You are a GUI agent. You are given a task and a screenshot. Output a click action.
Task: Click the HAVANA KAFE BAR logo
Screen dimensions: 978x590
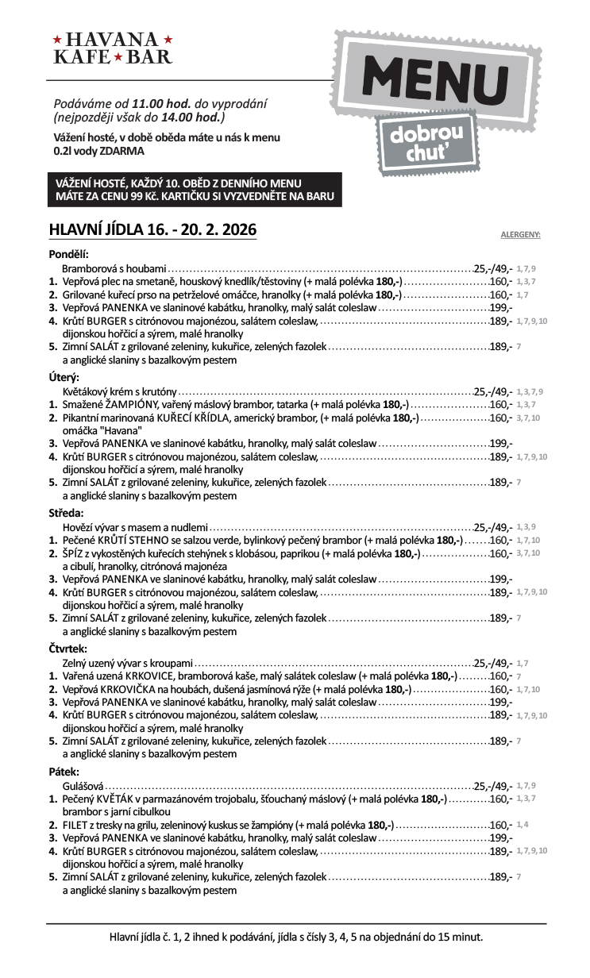pyautogui.click(x=112, y=48)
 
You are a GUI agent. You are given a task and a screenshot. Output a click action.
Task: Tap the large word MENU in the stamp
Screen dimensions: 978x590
pyautogui.click(x=435, y=83)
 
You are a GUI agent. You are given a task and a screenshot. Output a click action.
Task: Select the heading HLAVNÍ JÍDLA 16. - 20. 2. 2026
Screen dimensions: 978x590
pyautogui.click(x=152, y=229)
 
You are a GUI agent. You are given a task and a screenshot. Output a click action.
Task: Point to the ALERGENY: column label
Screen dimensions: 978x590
pyautogui.click(x=520, y=235)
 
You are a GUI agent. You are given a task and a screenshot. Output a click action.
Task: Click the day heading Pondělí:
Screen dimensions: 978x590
pyautogui.click(x=68, y=254)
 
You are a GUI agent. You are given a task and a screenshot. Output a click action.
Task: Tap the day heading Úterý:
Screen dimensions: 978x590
pyautogui.click(x=64, y=378)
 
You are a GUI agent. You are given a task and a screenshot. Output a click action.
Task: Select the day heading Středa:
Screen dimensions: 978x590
pyautogui.click(x=66, y=513)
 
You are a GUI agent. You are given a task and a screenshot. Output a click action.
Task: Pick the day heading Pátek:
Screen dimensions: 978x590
pyautogui.click(x=64, y=771)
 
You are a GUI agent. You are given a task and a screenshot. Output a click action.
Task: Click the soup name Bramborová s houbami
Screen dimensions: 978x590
pyautogui.click(x=114, y=268)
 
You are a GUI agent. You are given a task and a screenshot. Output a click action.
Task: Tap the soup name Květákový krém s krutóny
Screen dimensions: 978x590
pyautogui.click(x=119, y=391)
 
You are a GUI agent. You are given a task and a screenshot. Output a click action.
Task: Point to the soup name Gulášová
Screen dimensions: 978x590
pyautogui.click(x=83, y=785)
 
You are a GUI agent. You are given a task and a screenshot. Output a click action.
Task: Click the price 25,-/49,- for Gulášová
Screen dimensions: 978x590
pyautogui.click(x=493, y=785)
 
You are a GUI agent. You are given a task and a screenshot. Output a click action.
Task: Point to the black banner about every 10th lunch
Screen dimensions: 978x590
pyautogui.click(x=194, y=190)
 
